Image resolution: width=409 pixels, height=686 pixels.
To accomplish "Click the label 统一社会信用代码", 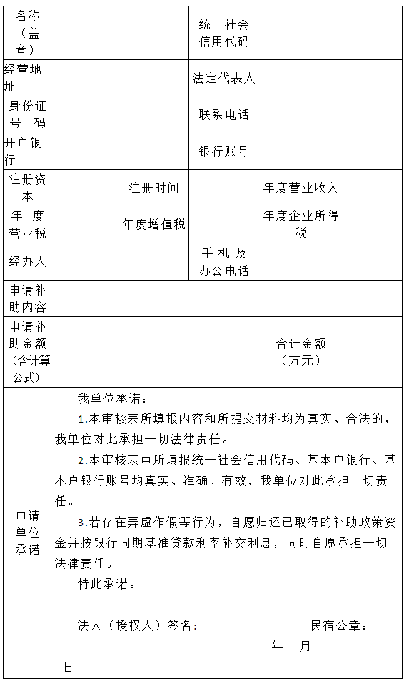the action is tap(224, 33).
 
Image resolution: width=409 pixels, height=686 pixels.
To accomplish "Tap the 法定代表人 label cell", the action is tap(224, 78).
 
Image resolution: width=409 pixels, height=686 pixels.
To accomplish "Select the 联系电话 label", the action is tap(224, 114).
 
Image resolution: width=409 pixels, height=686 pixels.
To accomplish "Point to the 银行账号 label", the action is tap(224, 151).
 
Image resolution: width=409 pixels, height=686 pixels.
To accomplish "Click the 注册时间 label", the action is tap(153, 188).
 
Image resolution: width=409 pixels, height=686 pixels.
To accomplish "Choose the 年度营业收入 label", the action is tap(301, 188).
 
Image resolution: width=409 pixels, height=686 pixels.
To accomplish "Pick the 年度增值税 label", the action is tap(153, 224).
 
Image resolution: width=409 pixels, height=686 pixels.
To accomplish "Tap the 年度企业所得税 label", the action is tap(301, 224).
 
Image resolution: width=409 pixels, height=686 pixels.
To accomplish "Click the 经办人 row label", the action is tap(28, 261).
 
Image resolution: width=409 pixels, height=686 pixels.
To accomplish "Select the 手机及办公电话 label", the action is tap(224, 261).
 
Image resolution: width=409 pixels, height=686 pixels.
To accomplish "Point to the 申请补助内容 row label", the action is tap(28, 298).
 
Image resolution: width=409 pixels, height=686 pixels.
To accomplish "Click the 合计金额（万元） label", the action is tap(301, 352).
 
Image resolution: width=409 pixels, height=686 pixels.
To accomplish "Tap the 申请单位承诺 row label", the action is tap(28, 533).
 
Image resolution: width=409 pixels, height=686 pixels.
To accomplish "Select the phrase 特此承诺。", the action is tap(106, 584).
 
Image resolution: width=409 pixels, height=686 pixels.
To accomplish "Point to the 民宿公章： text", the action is tap(339, 626).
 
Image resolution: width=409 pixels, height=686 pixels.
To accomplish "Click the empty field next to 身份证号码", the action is tap(121, 114).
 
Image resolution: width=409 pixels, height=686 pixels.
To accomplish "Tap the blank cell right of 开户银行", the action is tap(121, 151).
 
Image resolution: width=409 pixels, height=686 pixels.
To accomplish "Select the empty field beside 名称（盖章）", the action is tap(121, 33).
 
